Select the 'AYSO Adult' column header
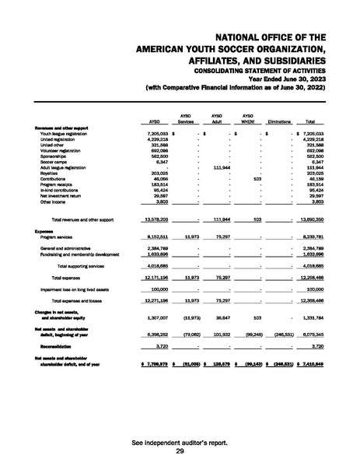pyautogui.click(x=218, y=119)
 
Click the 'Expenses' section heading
pyautogui.click(x=43, y=231)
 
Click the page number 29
pyautogui.click(x=180, y=451)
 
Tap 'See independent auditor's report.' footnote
pyautogui.click(x=180, y=443)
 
